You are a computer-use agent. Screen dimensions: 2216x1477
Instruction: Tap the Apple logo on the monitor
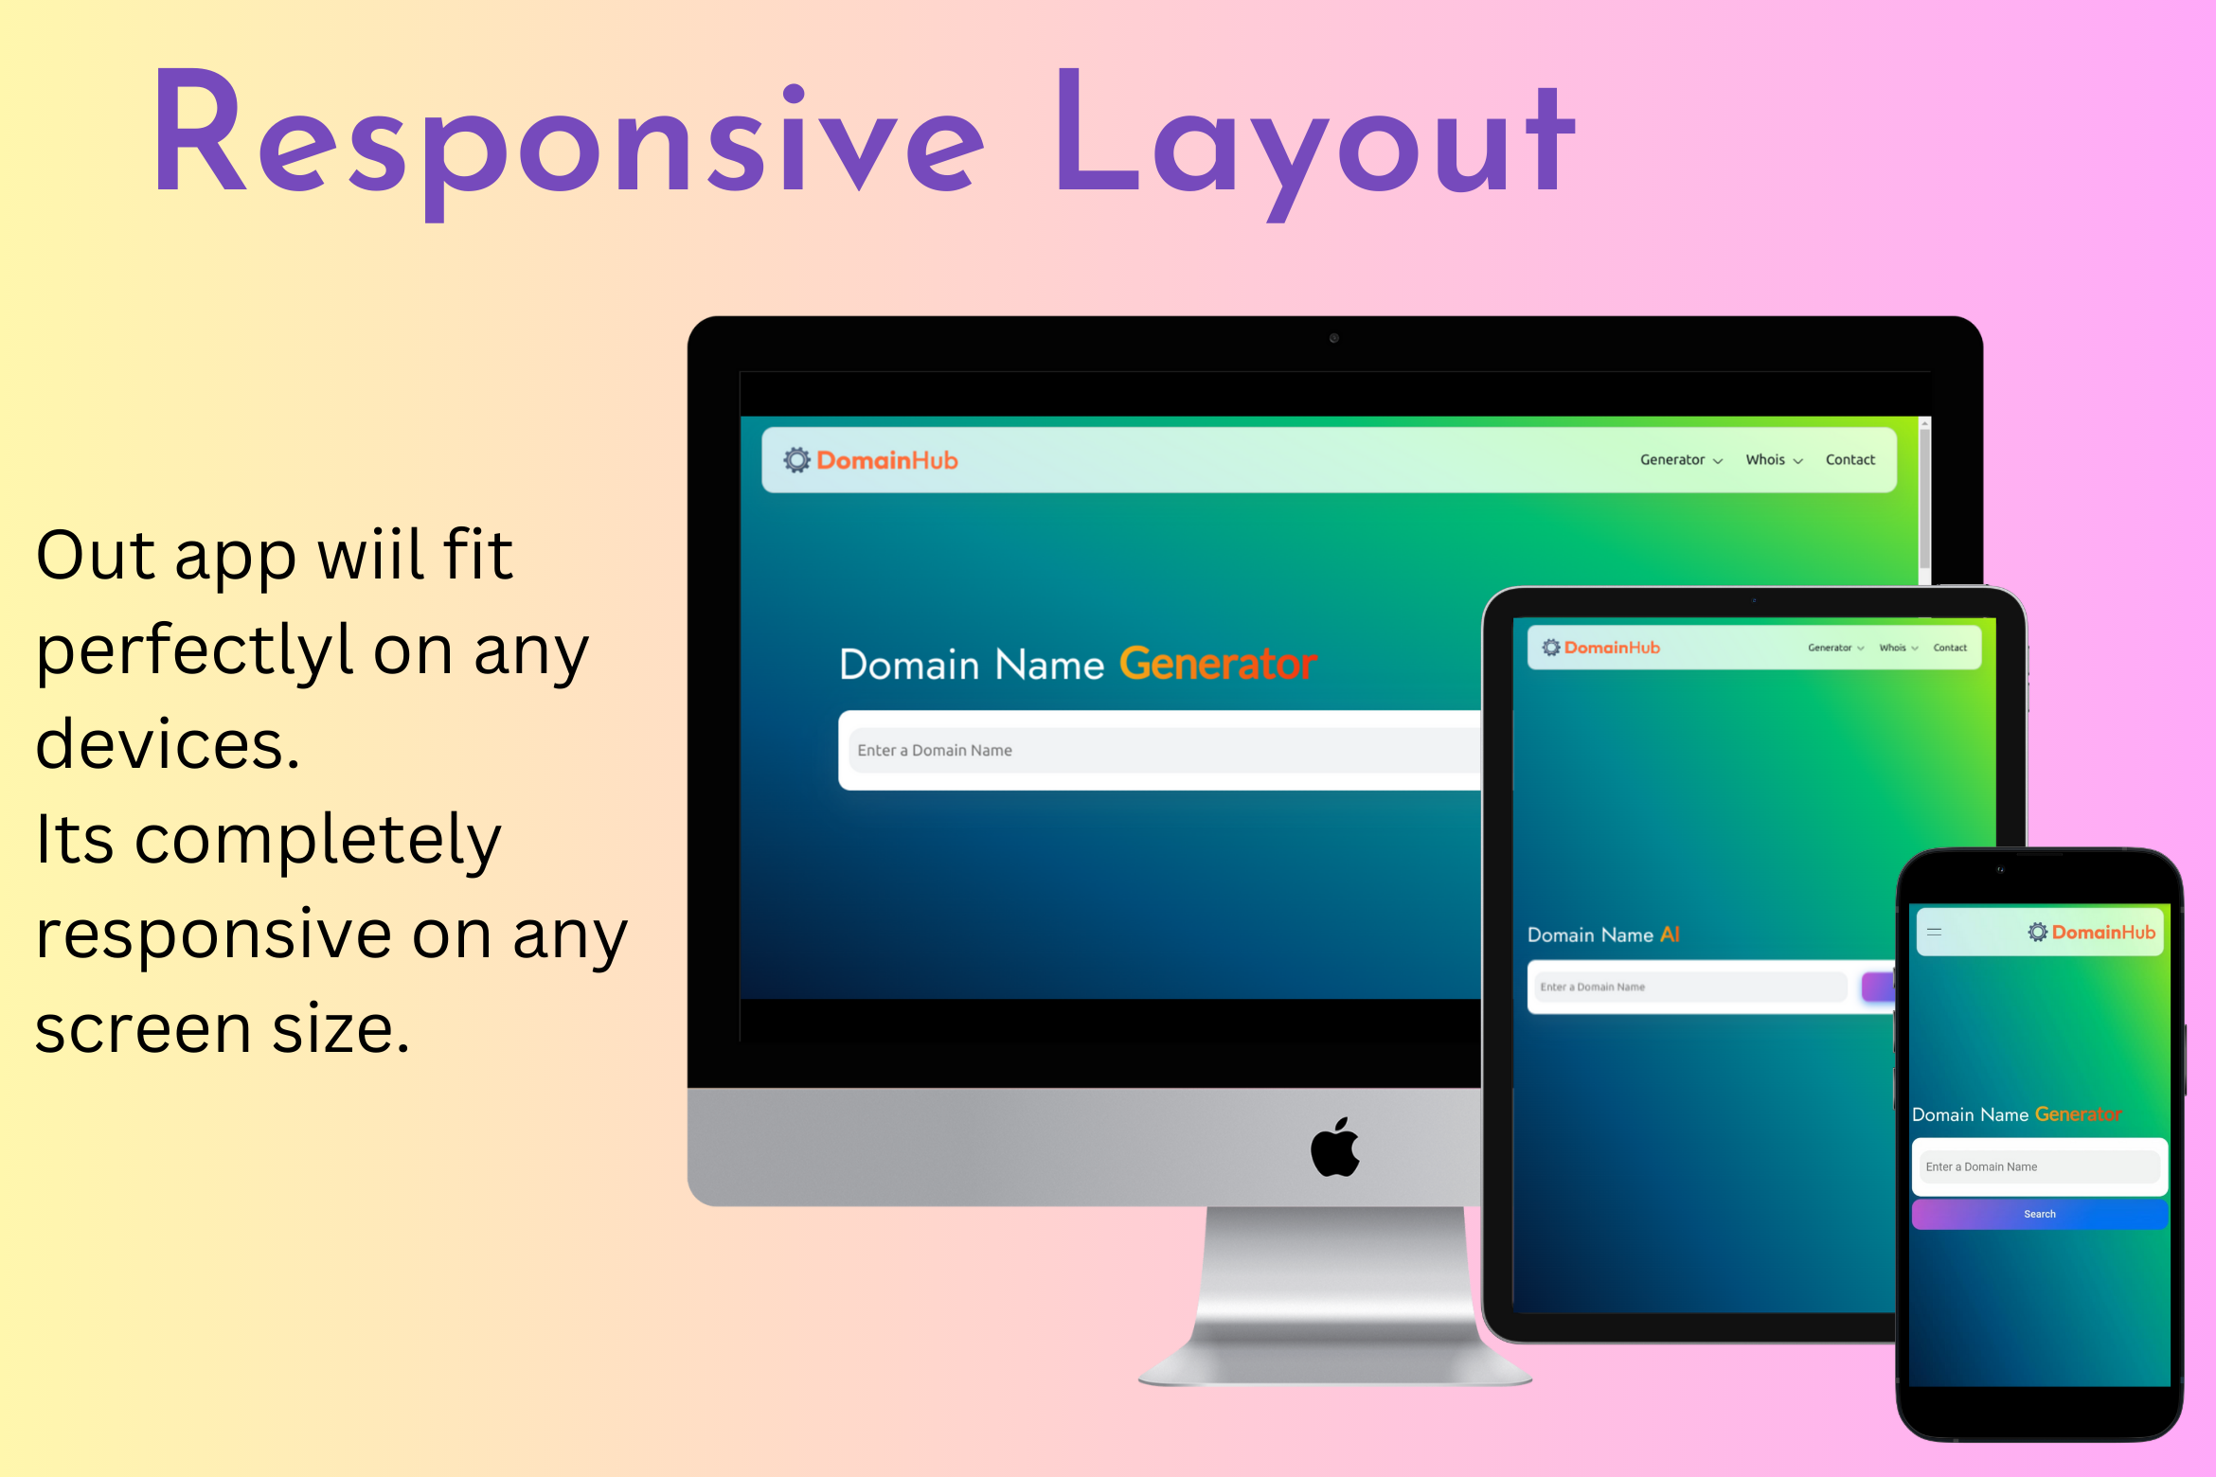(x=1335, y=1147)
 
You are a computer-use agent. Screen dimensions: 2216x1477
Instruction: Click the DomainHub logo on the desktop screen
(x=870, y=460)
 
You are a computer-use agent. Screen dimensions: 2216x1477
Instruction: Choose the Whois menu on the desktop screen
(x=1774, y=460)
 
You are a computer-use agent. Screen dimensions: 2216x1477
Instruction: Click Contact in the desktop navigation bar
(x=1850, y=460)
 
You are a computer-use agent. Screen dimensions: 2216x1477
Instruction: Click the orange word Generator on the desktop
(x=1218, y=664)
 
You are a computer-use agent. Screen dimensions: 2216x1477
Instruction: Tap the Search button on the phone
(x=2039, y=1214)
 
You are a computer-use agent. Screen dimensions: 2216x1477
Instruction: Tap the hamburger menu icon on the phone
(x=1935, y=932)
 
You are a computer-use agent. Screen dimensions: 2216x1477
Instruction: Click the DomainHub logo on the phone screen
(x=2091, y=932)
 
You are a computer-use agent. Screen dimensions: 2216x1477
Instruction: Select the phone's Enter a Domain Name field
(x=2040, y=1166)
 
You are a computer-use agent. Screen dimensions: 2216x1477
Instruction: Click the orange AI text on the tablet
(x=1670, y=934)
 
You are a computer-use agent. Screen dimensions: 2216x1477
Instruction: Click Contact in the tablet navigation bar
(x=1950, y=648)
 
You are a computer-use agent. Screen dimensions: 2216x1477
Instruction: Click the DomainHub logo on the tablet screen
(x=1600, y=648)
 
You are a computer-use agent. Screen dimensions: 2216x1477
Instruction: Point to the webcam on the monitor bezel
(x=1334, y=338)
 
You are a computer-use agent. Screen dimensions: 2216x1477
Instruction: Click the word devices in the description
(x=168, y=744)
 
